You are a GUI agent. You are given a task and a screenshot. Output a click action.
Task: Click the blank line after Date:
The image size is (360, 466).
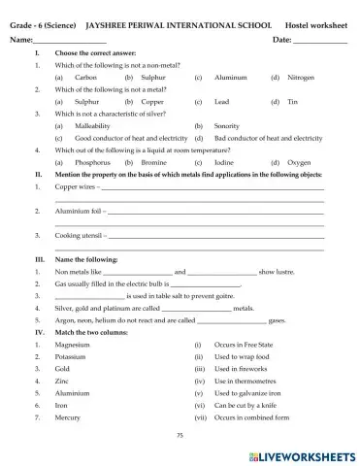319,41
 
